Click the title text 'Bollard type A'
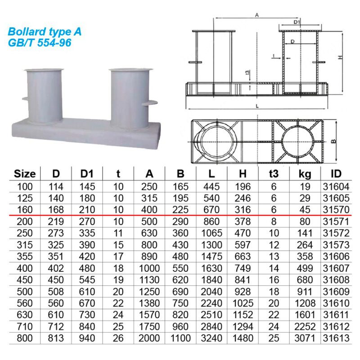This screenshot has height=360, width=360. pyautogui.click(x=45, y=31)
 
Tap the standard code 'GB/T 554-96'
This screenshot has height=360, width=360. pyautogui.click(x=40, y=43)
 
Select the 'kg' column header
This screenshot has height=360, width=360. pyautogui.click(x=305, y=174)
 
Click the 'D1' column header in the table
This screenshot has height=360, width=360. pyautogui.click(x=87, y=174)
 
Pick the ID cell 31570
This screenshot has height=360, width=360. pyautogui.click(x=336, y=210)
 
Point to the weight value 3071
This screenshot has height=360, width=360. pyautogui.click(x=305, y=338)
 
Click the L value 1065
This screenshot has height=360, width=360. pyautogui.click(x=211, y=233)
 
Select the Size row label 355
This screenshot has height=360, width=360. pyautogui.click(x=25, y=256)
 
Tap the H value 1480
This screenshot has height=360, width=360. pyautogui.click(x=243, y=338)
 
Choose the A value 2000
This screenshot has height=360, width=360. pyautogui.click(x=149, y=338)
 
